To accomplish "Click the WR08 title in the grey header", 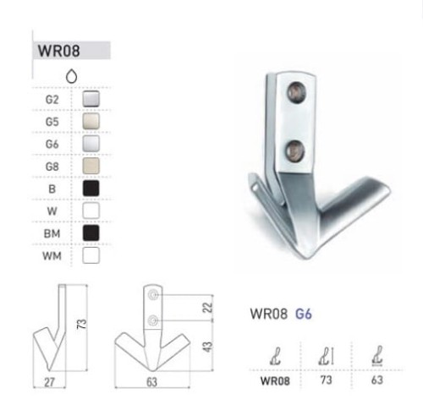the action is click(58, 51).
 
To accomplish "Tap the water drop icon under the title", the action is click(71, 76).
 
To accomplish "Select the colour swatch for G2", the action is click(91, 99).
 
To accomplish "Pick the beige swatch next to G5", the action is click(91, 121).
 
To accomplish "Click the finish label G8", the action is click(52, 167).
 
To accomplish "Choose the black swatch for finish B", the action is click(91, 189).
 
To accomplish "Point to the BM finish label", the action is click(52, 233).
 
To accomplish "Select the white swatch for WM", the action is click(91, 255).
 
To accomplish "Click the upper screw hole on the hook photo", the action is click(297, 92).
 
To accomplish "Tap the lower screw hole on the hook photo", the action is click(295, 151).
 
